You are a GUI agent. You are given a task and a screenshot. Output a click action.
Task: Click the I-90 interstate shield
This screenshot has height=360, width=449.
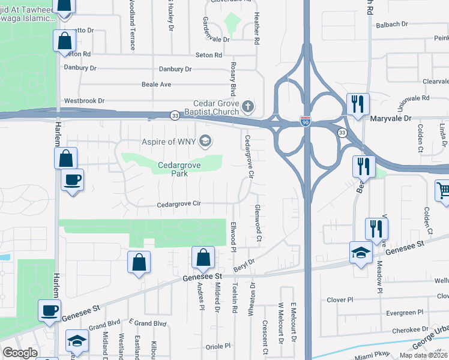[306, 122]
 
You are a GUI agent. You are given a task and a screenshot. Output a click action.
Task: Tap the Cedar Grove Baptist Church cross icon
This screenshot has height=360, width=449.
[249, 107]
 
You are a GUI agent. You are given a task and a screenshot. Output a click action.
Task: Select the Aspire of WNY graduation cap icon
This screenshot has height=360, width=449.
[206, 141]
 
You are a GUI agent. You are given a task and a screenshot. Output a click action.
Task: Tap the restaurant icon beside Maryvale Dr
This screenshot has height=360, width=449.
[358, 104]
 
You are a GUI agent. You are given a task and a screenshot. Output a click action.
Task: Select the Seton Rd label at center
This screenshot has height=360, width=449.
[209, 55]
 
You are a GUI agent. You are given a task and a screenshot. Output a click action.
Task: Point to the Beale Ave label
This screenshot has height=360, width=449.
[157, 85]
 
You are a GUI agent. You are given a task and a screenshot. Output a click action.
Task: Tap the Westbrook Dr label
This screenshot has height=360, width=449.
[84, 100]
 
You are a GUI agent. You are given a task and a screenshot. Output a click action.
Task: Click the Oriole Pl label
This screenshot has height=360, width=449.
[218, 346]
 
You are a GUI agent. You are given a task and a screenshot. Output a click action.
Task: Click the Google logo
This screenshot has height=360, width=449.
[20, 353]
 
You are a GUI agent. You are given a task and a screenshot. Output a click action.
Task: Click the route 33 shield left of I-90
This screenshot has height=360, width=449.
[175, 115]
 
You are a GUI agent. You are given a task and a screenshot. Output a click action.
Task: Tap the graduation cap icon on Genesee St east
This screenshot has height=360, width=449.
[361, 252]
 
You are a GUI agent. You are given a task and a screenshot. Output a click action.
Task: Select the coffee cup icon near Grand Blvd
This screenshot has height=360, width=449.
[49, 310]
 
